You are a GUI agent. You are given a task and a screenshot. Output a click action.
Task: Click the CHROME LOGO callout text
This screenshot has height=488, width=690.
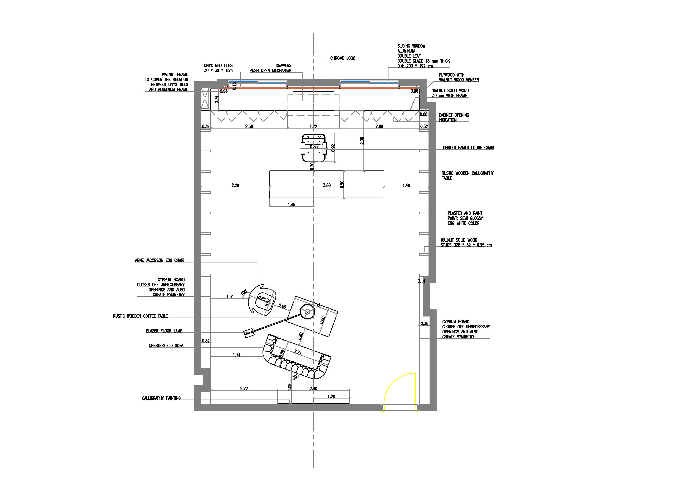(343, 58)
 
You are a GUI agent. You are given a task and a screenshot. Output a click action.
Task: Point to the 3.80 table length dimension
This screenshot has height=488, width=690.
(327, 185)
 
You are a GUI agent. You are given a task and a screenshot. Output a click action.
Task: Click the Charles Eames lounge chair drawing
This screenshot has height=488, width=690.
(314, 148)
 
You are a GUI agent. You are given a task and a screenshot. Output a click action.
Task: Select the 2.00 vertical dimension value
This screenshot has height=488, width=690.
(362, 141)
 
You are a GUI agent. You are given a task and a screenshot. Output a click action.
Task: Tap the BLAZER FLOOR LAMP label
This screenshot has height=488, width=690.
(164, 331)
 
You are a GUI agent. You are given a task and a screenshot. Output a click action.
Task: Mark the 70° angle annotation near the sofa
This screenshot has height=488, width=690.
(295, 376)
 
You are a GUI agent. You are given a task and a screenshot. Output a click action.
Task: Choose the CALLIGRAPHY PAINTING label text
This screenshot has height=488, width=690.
(161, 398)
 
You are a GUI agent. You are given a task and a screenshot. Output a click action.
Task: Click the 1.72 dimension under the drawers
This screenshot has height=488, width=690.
(313, 127)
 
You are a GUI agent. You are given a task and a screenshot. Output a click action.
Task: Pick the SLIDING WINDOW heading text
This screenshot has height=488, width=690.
(411, 46)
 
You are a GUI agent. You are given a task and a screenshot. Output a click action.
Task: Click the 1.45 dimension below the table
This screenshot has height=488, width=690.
(291, 205)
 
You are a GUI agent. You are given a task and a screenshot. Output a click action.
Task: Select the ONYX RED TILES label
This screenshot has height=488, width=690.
(218, 66)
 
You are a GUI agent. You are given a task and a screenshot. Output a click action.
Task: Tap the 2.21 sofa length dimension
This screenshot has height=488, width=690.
(298, 352)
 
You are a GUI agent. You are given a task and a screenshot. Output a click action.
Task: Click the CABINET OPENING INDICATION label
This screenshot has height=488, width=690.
(454, 117)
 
